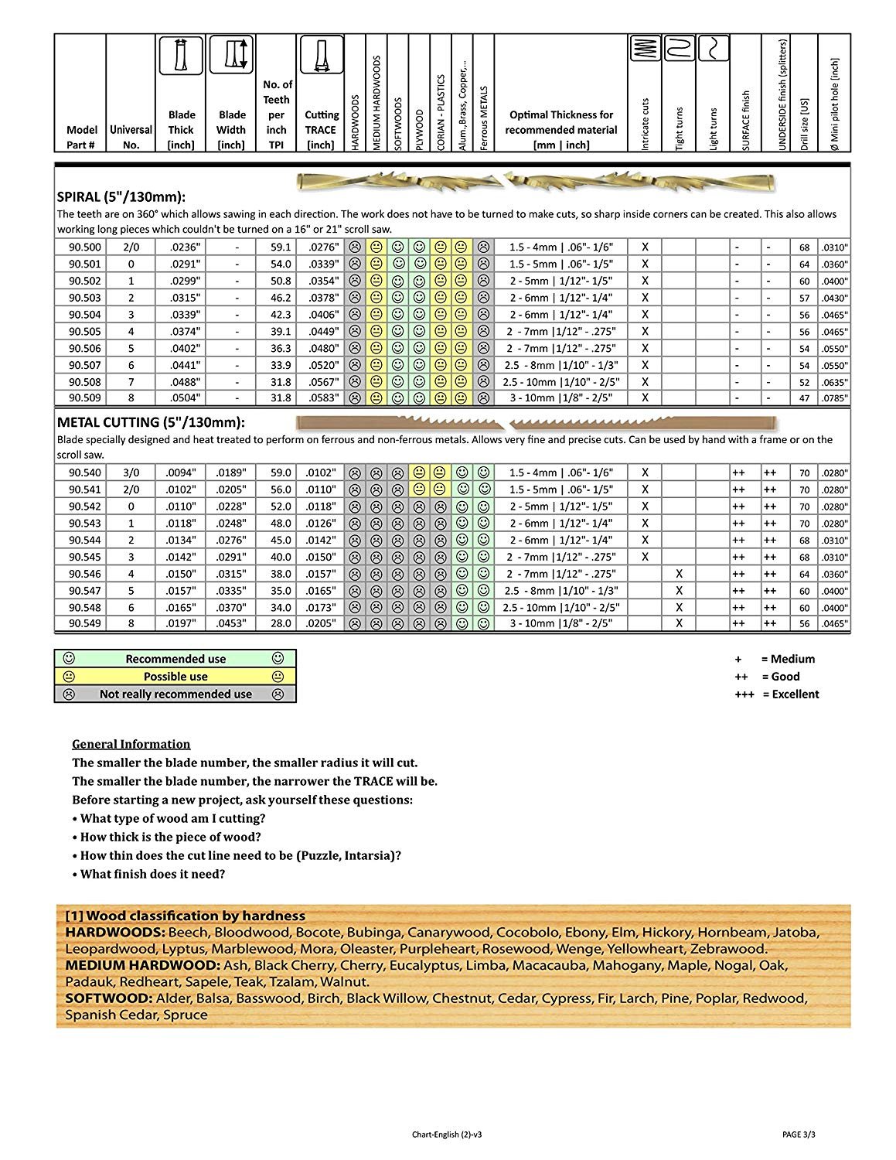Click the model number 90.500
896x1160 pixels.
[x=84, y=247]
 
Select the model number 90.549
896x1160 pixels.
[x=84, y=623]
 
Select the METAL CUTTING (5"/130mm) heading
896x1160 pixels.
[x=151, y=422]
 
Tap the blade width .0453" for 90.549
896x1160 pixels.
[x=230, y=623]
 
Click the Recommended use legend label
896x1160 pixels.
[x=175, y=659]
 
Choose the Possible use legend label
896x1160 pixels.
[x=175, y=677]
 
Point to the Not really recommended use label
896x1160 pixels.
[x=175, y=694]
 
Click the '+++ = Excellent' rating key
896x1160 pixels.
[x=776, y=694]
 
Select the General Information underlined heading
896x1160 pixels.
[x=131, y=744]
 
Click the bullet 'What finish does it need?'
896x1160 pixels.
[x=152, y=874]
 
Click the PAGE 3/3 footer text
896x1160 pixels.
[x=799, y=1134]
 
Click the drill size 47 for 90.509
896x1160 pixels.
[x=804, y=398]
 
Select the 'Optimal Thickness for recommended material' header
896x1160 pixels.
[x=560, y=130]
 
